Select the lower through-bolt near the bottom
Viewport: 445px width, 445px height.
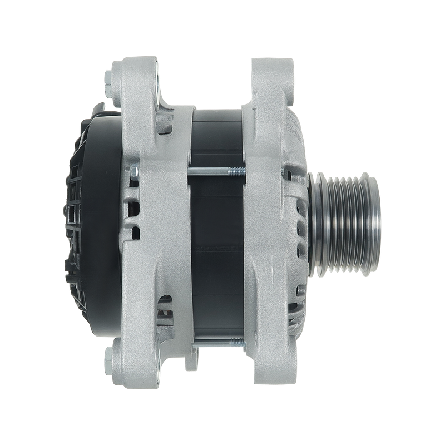pyautogui.click(x=214, y=340)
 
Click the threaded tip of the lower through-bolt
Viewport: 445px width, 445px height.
pyautogui.click(x=236, y=340)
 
